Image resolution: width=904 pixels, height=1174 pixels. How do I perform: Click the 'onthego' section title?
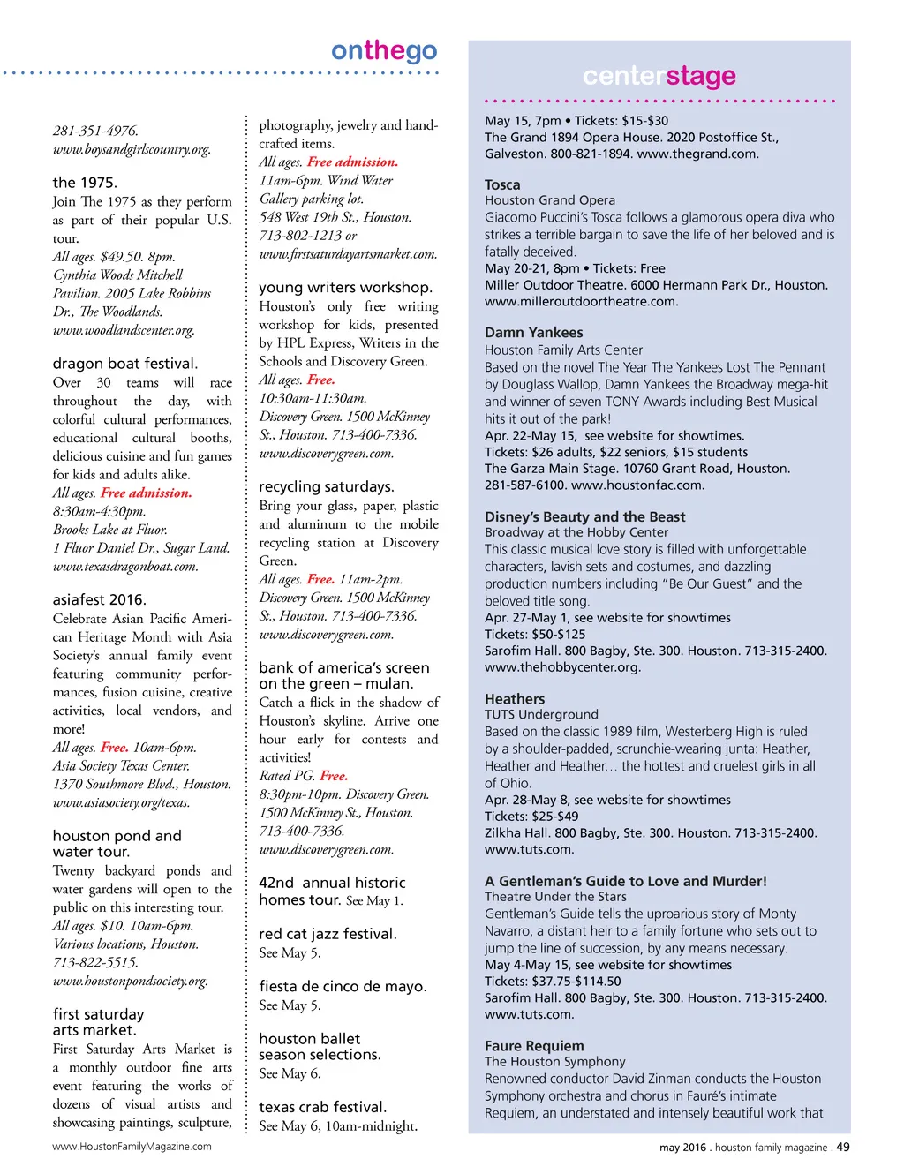[x=384, y=51]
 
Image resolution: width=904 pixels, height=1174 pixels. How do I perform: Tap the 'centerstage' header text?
[x=659, y=77]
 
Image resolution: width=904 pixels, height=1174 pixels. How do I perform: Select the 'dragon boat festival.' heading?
[x=124, y=364]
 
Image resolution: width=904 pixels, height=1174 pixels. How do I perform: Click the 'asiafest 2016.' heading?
[x=99, y=599]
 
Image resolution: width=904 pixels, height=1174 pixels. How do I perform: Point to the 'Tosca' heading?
[x=502, y=184]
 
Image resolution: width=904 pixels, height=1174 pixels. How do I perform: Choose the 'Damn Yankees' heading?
[x=533, y=333]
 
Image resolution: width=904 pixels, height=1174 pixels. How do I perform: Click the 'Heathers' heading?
[x=515, y=699]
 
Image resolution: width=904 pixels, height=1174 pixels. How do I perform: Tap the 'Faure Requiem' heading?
[x=534, y=1046]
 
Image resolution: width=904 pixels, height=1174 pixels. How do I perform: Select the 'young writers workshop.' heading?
[x=345, y=288]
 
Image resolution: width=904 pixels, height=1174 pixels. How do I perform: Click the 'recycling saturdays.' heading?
[x=327, y=486]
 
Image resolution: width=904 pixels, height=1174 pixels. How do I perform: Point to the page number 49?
[x=843, y=1147]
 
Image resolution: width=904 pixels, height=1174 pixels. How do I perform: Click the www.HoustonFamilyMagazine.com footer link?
[x=132, y=1147]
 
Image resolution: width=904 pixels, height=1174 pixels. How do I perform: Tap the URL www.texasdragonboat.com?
[x=125, y=567]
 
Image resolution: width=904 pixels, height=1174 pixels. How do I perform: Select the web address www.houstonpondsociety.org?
[x=130, y=981]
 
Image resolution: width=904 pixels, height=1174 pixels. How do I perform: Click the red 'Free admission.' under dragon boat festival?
[x=146, y=493]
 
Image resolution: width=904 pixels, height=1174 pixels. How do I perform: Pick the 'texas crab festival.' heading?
[x=322, y=1107]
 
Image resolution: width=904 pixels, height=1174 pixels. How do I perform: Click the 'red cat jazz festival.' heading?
[x=328, y=934]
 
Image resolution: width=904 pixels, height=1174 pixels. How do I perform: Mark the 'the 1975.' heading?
[x=84, y=183]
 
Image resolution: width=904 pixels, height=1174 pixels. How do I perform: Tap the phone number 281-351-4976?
[x=95, y=131]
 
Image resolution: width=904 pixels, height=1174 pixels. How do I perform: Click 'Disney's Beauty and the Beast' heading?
[x=584, y=517]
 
